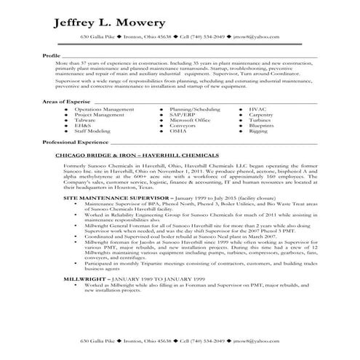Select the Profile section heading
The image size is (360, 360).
point(51,55)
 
